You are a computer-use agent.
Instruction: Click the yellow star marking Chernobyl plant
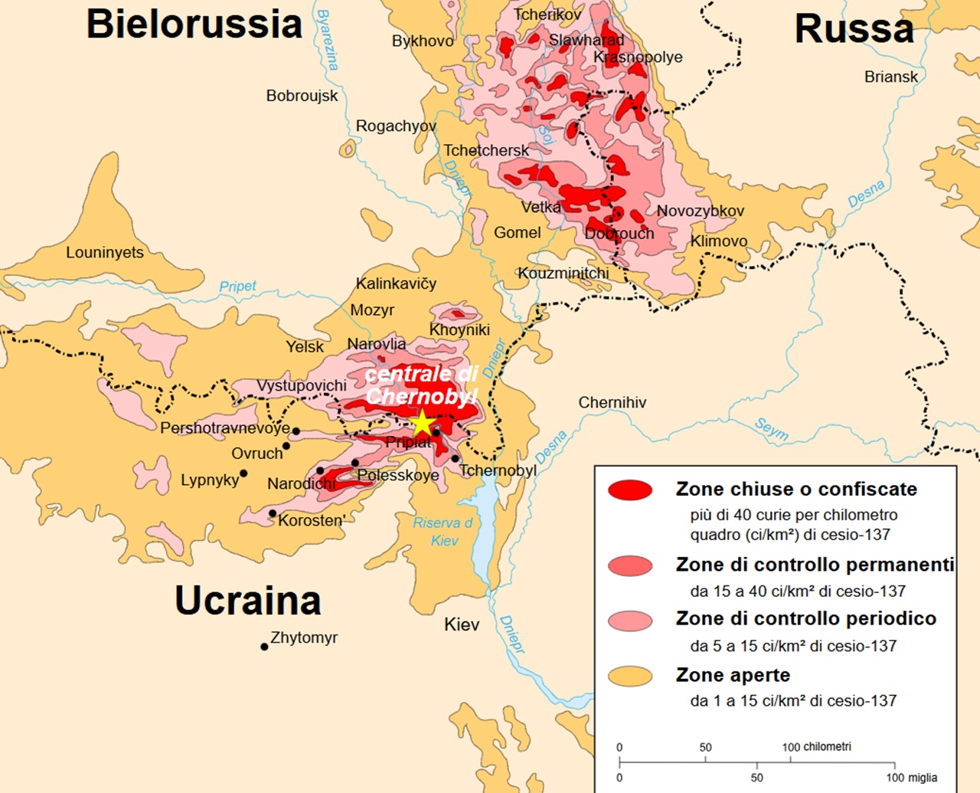tap(422, 422)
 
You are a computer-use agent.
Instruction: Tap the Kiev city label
tap(462, 624)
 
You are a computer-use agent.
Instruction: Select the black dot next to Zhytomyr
tap(264, 647)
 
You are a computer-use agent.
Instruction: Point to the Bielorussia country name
tap(194, 24)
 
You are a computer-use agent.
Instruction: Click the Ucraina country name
tap(247, 600)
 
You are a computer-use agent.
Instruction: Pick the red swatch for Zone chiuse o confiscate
tap(630, 490)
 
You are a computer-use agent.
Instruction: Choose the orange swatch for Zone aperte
tap(630, 676)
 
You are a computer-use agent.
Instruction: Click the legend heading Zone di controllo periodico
tap(805, 618)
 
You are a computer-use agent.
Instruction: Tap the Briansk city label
tap(890, 77)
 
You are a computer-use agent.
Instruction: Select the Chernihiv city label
tap(612, 402)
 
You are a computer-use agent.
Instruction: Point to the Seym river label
tap(771, 429)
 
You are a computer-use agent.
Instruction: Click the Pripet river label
tap(237, 286)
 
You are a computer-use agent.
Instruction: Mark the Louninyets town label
tap(104, 252)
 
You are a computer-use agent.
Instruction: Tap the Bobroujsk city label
tap(302, 96)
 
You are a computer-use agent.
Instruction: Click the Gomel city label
tap(517, 232)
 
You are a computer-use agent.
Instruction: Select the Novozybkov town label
tap(700, 211)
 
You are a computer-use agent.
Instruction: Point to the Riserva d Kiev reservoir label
tap(443, 531)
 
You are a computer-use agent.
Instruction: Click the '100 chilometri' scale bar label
tap(816, 746)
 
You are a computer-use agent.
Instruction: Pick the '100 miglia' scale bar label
tap(911, 777)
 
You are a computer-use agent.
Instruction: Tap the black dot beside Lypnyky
tap(243, 474)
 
